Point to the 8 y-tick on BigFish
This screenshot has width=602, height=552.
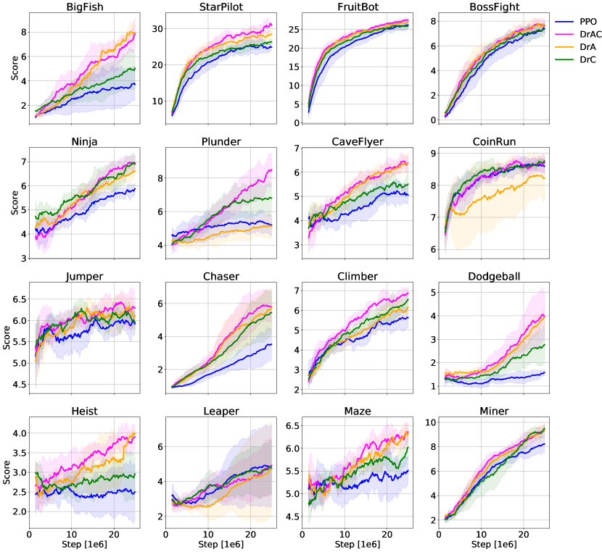(x=24, y=32)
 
